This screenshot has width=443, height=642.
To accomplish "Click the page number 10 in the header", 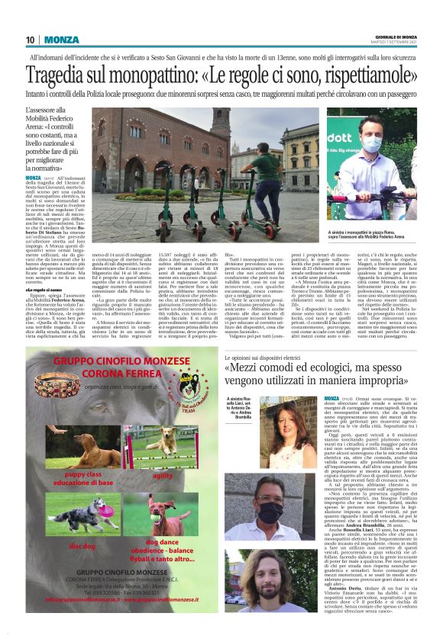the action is point(31,40).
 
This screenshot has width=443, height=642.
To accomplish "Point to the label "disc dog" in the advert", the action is point(82,546).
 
